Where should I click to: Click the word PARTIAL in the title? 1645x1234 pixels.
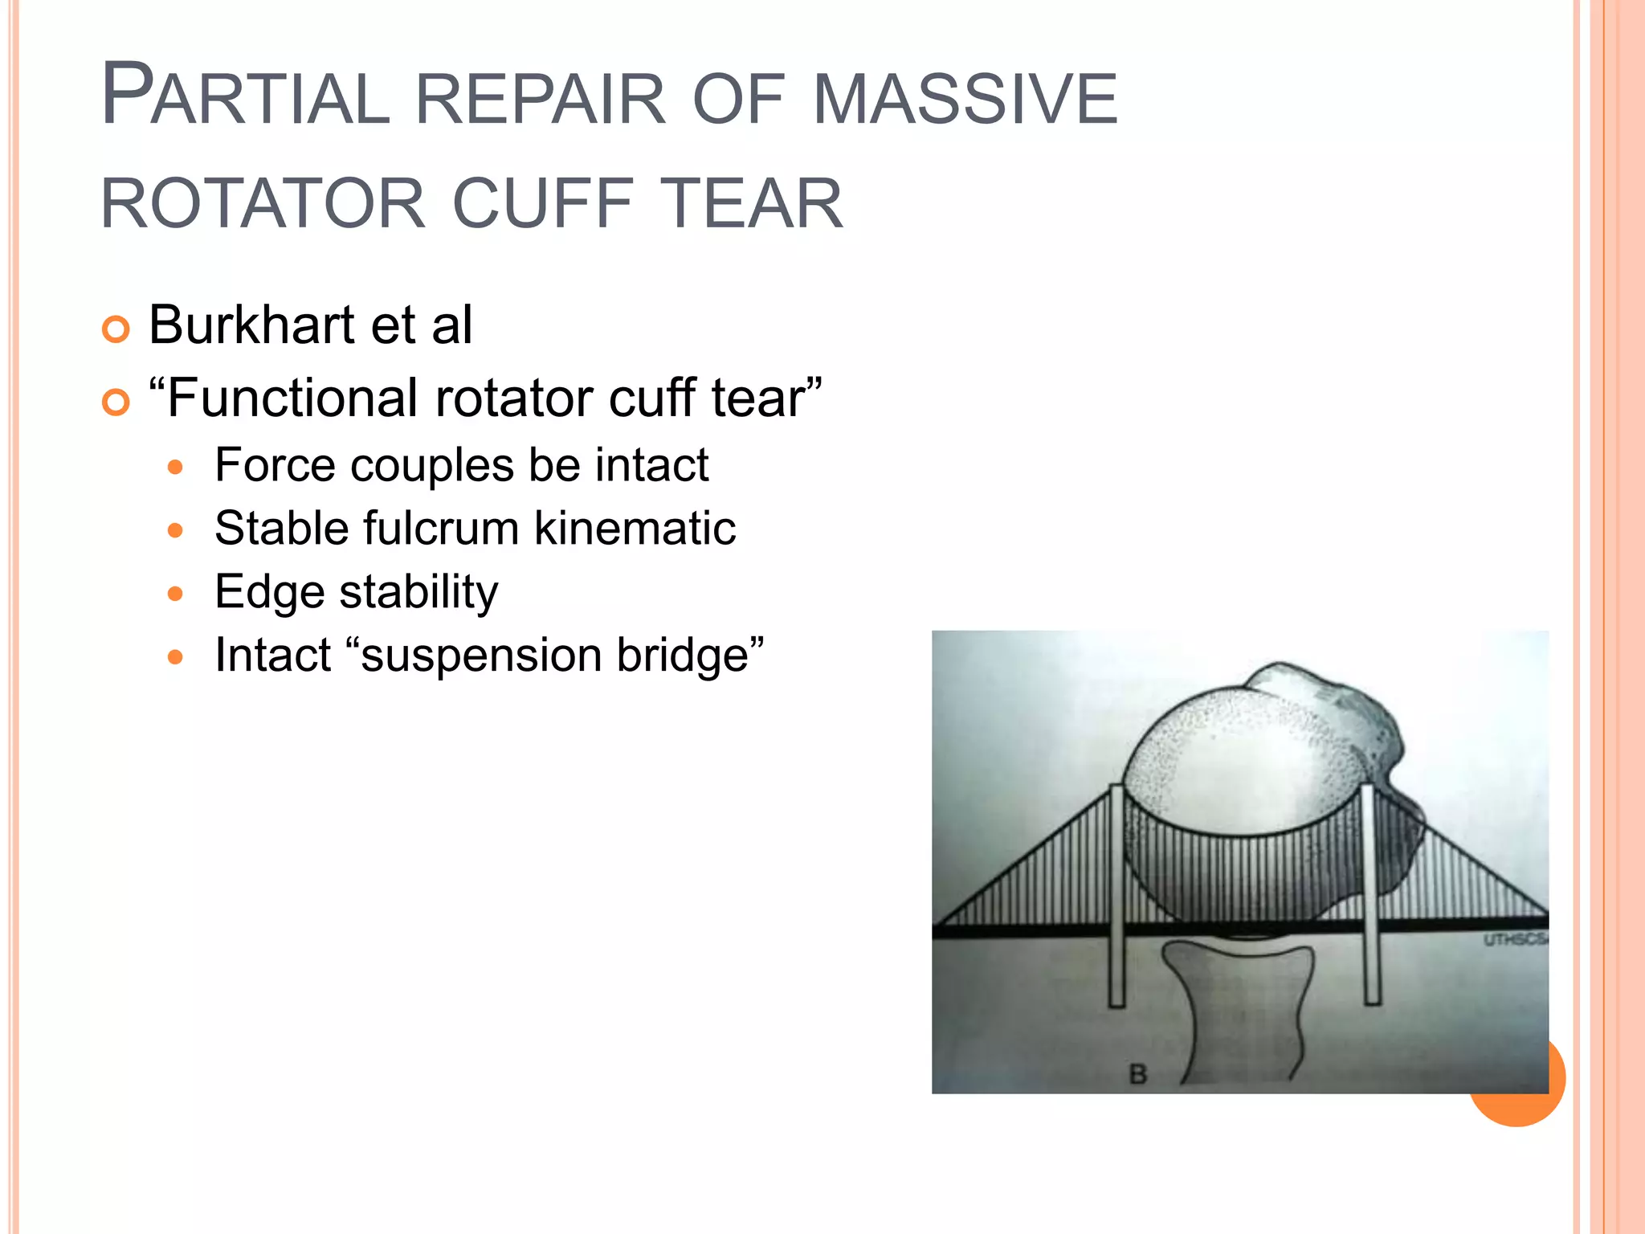tap(245, 97)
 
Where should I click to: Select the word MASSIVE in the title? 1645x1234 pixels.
tap(965, 99)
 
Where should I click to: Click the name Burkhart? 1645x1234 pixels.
tap(251, 325)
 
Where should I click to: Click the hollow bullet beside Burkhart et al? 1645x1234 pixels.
tap(116, 329)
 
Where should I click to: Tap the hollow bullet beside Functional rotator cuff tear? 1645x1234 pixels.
tap(116, 402)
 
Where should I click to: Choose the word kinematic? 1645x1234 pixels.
tap(635, 529)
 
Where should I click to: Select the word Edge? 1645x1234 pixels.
tap(269, 593)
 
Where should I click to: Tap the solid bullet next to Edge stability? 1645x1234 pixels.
tap(176, 594)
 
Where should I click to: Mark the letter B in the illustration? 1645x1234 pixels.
tap(1137, 1074)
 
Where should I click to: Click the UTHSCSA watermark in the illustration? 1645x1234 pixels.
tap(1515, 939)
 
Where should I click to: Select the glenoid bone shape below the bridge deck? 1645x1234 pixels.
tap(1241, 1012)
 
